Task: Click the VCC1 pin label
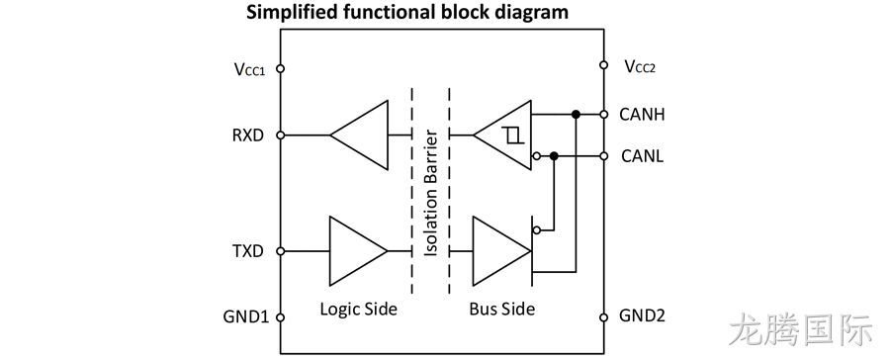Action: click(250, 69)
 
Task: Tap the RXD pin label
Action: click(248, 135)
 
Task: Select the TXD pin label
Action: click(248, 251)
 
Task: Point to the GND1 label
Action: click(246, 316)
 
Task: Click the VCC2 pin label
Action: click(640, 66)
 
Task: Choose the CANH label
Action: click(642, 115)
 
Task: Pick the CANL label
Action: click(643, 155)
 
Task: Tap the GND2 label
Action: click(642, 315)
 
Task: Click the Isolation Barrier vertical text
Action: click(431, 193)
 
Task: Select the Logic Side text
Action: click(358, 310)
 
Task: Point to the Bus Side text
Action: click(501, 310)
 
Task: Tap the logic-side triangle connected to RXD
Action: click(359, 135)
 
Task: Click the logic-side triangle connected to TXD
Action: click(359, 251)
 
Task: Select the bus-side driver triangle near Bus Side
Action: click(501, 251)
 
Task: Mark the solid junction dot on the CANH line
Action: click(576, 115)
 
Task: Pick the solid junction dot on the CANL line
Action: click(555, 155)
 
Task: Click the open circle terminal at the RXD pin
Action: click(280, 135)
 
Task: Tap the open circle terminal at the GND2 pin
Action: click(604, 317)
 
